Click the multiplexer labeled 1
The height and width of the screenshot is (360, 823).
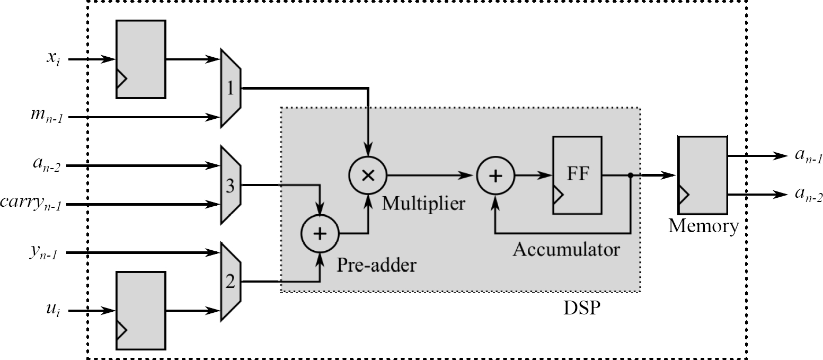(231, 88)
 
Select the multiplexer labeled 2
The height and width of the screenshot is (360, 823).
(231, 282)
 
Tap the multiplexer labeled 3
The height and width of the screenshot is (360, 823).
(231, 186)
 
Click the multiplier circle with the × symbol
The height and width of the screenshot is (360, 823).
(368, 175)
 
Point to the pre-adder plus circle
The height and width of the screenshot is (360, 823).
(320, 234)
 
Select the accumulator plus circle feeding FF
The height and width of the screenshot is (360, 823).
(495, 175)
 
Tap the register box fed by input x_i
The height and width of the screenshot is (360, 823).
(141, 59)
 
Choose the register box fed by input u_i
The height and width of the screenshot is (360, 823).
(141, 310)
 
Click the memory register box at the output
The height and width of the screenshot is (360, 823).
(702, 175)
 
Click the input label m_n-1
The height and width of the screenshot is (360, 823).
(47, 117)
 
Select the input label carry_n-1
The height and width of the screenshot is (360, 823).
(31, 204)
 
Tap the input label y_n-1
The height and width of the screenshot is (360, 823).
(45, 253)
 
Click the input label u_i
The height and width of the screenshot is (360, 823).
(52, 311)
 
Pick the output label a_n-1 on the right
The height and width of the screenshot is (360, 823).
(808, 157)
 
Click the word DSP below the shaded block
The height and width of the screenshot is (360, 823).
(581, 308)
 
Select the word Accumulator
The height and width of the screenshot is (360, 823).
(565, 249)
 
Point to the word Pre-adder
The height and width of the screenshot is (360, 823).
(376, 264)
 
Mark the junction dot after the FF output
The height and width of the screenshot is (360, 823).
(630, 175)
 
